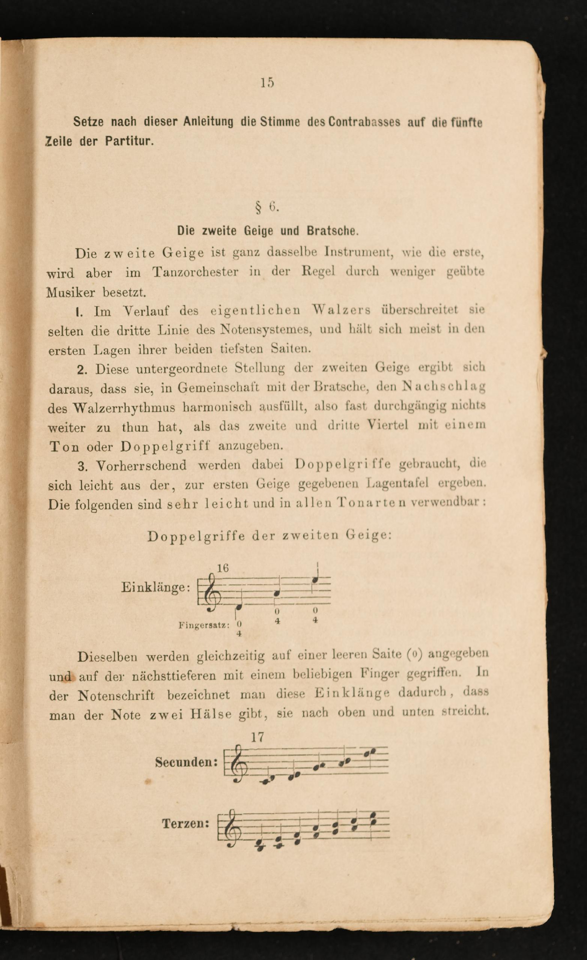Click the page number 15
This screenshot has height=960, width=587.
click(267, 83)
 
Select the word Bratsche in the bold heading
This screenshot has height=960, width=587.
click(331, 231)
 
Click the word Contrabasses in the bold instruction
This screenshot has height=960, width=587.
click(364, 122)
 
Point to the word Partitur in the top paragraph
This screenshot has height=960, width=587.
click(129, 141)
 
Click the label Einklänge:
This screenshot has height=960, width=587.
click(155, 587)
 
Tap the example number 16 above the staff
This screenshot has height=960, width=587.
click(223, 569)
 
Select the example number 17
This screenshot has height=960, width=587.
click(257, 737)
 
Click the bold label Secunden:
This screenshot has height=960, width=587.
click(186, 763)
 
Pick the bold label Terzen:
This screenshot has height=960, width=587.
click(186, 824)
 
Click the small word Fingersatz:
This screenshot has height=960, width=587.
click(203, 625)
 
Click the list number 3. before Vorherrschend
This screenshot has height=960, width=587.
click(83, 466)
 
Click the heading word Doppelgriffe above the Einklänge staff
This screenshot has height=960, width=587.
click(196, 537)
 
